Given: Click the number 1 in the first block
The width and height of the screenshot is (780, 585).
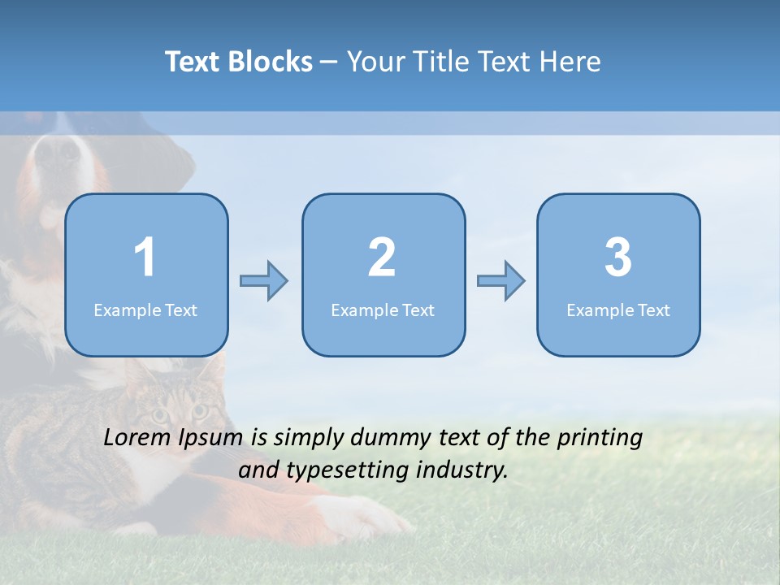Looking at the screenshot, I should [145, 258].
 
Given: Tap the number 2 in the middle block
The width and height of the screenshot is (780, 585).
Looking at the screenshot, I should [382, 258].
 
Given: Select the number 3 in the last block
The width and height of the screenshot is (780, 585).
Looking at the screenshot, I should [618, 258].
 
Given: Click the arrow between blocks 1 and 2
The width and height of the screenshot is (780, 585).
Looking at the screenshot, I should [264, 281].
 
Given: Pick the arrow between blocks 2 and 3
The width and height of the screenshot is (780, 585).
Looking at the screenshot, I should [500, 281].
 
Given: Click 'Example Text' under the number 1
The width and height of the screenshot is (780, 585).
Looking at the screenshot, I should [145, 310].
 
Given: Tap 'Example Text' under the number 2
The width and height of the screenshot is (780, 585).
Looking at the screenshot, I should [383, 310].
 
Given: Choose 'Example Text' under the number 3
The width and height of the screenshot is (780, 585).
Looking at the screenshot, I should [618, 310].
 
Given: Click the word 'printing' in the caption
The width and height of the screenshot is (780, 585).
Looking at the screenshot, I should [600, 438].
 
